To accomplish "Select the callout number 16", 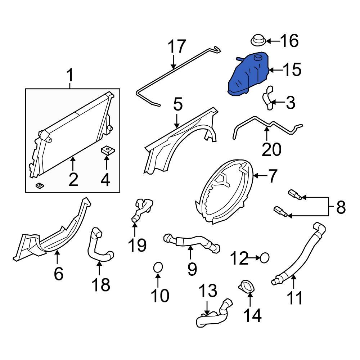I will (289, 41).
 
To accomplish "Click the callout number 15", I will (292, 70).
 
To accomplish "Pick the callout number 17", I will (177, 46).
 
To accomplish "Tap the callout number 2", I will (73, 179).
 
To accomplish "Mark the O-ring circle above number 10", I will (158, 267).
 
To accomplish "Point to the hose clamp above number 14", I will (246, 286).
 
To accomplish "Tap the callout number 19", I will (137, 245).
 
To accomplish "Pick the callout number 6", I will (58, 274).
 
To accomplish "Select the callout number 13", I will (208, 291).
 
